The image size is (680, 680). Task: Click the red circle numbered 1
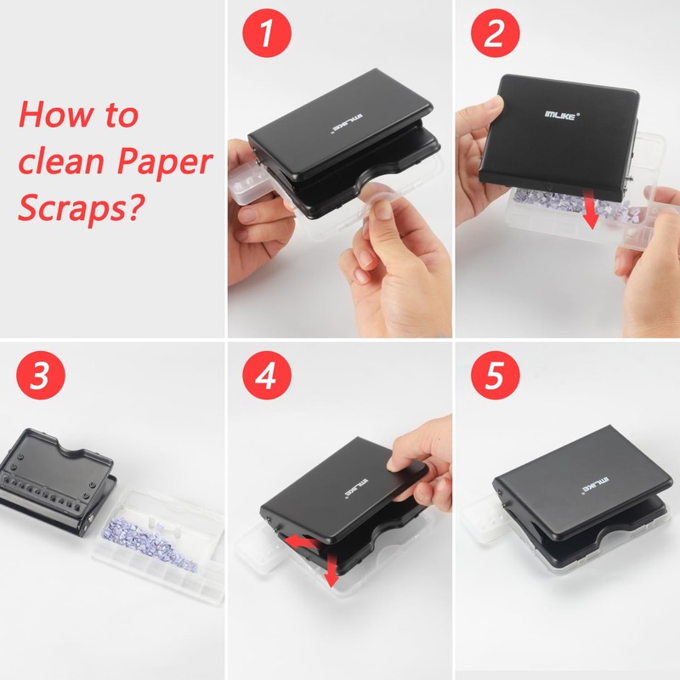point(267,33)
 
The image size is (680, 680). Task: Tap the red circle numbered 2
point(496,33)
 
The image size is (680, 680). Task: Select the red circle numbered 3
point(41,375)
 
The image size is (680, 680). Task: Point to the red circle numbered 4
point(267,375)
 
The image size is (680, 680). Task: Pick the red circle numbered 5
point(496,375)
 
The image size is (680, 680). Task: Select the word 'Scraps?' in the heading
point(81,207)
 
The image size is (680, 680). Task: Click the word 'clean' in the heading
point(61,161)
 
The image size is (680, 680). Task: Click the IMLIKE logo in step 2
point(562,115)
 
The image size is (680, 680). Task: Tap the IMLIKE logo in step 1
point(348,123)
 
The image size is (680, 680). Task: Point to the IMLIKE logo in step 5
point(596,485)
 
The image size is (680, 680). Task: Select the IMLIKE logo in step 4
point(357,489)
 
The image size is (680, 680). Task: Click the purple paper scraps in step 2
point(568,205)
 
